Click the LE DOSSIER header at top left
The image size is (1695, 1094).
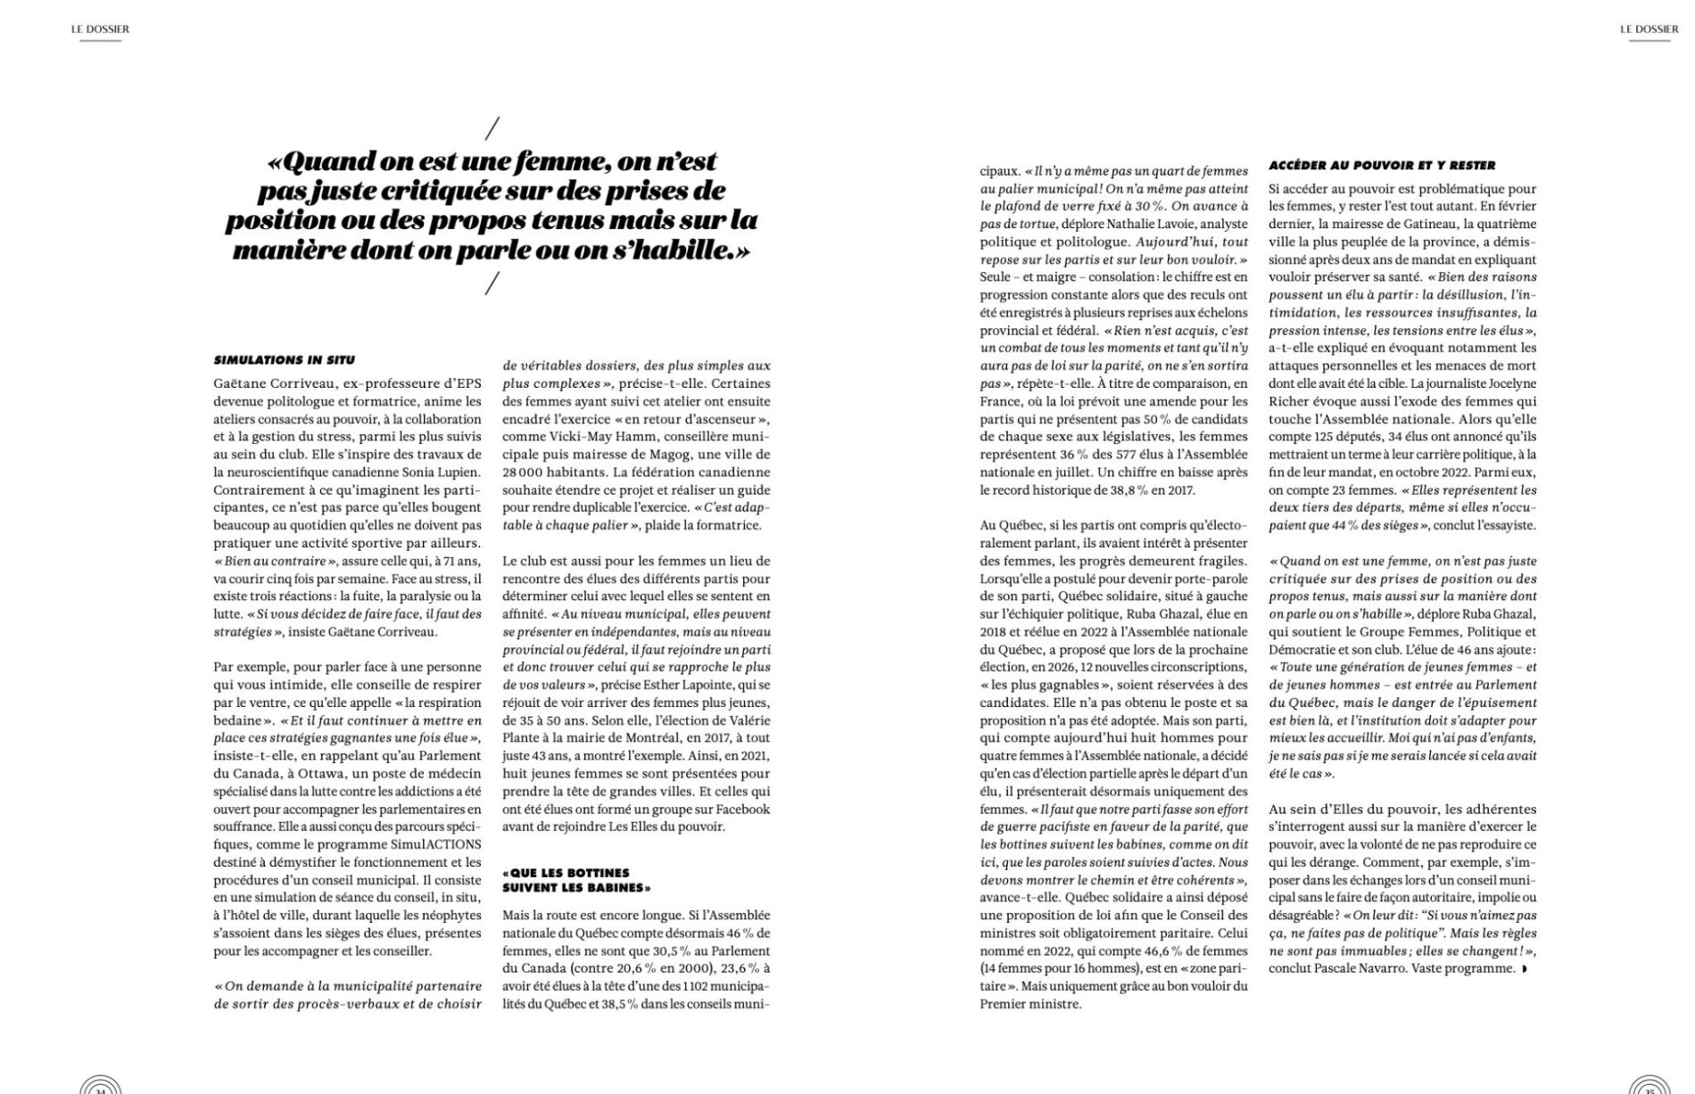(100, 29)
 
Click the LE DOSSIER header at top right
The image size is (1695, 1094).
(1649, 29)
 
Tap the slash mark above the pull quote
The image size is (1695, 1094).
(492, 128)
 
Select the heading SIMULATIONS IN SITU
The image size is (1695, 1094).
(284, 360)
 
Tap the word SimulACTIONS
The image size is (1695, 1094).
(437, 844)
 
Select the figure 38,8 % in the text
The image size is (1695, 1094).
(1127, 490)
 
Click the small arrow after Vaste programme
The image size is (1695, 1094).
(1525, 968)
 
